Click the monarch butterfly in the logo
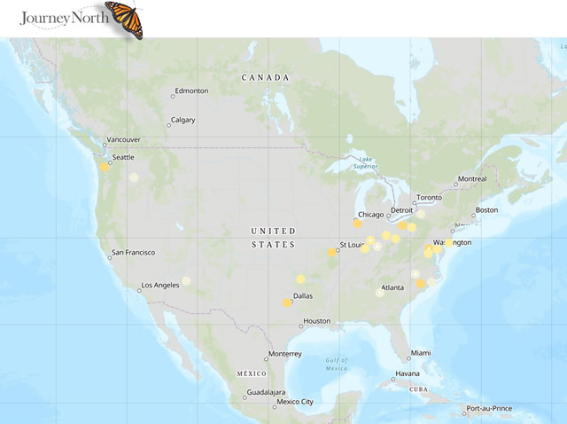click(123, 19)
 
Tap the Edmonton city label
click(191, 90)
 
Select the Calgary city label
click(183, 120)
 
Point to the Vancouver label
click(123, 139)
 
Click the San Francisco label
click(133, 253)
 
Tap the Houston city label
click(316, 320)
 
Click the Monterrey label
click(284, 354)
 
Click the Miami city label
click(421, 353)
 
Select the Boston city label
click(486, 210)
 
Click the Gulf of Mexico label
click(337, 364)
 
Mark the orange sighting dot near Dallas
click(287, 302)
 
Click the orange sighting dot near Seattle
click(105, 166)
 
